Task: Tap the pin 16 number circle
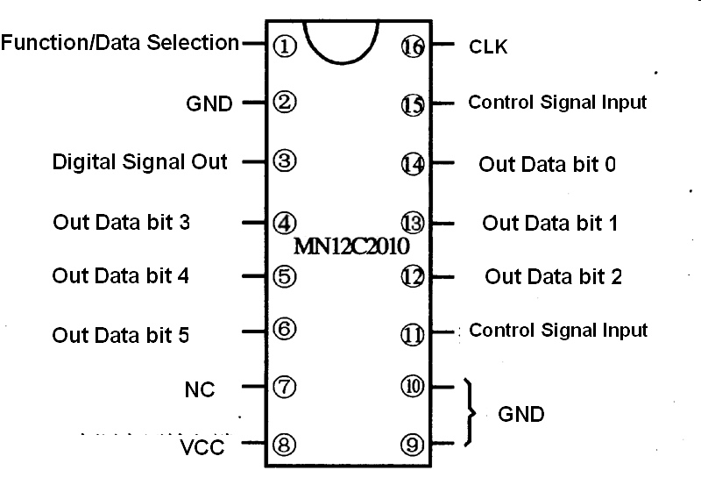[412, 46]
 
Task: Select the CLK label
[488, 46]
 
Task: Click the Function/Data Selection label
[120, 42]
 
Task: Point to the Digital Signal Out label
[139, 161]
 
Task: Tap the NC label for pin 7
[201, 389]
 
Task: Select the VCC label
[202, 447]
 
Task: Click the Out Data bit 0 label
[547, 164]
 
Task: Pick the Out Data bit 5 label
[121, 335]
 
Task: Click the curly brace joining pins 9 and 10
[473, 413]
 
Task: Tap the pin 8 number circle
[285, 444]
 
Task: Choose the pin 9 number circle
[413, 444]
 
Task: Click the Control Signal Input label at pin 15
[557, 102]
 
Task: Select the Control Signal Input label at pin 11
[558, 331]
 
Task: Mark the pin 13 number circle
[412, 221]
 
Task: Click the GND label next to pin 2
[209, 103]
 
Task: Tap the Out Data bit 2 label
[553, 277]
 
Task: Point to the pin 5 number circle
[285, 276]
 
